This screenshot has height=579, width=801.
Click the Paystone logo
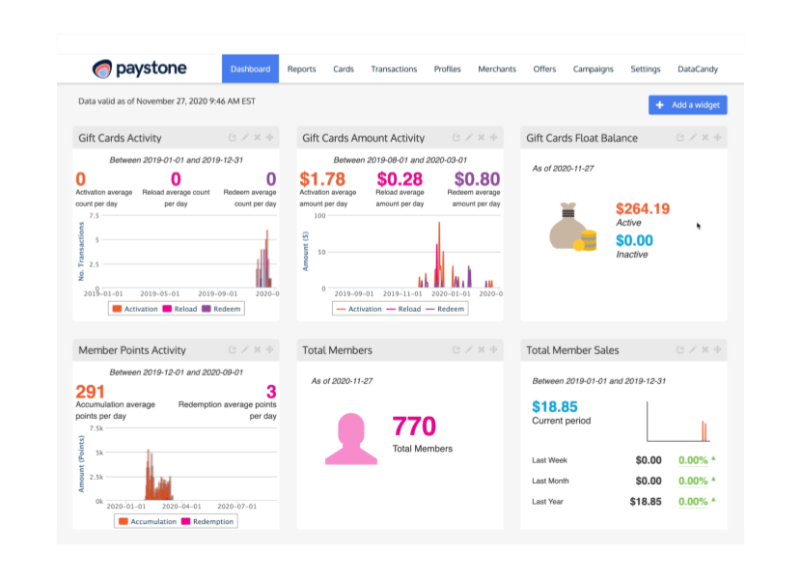click(139, 69)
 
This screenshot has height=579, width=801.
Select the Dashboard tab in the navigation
click(250, 69)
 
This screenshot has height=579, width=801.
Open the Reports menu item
click(301, 69)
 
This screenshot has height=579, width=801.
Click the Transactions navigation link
click(394, 69)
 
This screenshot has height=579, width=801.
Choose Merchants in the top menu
click(497, 69)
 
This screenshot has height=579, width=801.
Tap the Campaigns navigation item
click(593, 69)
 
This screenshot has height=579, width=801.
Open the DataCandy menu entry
click(697, 69)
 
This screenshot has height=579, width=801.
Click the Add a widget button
click(688, 105)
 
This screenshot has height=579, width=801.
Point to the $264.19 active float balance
click(642, 208)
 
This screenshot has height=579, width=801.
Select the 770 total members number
click(414, 427)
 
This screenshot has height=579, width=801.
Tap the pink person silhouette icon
click(351, 439)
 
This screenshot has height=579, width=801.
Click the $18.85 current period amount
click(555, 407)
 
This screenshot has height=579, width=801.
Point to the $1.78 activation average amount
click(322, 179)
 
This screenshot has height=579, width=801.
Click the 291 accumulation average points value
click(90, 392)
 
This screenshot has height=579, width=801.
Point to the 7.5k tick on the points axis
click(96, 427)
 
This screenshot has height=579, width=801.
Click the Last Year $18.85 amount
click(646, 502)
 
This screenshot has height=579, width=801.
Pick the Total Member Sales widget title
click(572, 350)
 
